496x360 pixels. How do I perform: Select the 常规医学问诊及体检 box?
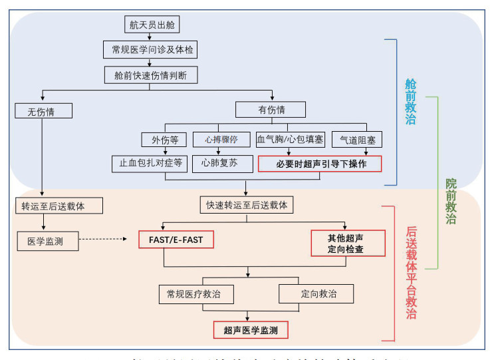(x=151, y=50)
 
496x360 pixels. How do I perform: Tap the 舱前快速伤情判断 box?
(x=151, y=75)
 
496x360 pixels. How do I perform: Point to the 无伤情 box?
(x=43, y=110)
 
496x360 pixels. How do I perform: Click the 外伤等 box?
(x=164, y=140)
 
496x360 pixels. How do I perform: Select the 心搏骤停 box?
(x=221, y=140)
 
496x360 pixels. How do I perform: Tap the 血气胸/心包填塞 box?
(x=291, y=140)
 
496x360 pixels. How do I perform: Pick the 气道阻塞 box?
(x=357, y=140)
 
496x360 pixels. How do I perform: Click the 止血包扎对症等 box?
(x=150, y=164)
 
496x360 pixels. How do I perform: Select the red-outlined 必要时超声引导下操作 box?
(x=320, y=164)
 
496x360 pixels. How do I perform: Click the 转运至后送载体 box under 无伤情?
(x=59, y=206)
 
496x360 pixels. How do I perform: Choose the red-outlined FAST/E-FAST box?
(x=176, y=239)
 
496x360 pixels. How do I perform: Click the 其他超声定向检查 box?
(x=346, y=244)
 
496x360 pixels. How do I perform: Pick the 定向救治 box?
(x=316, y=293)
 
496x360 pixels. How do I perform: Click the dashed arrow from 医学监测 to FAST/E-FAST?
(x=103, y=238)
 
